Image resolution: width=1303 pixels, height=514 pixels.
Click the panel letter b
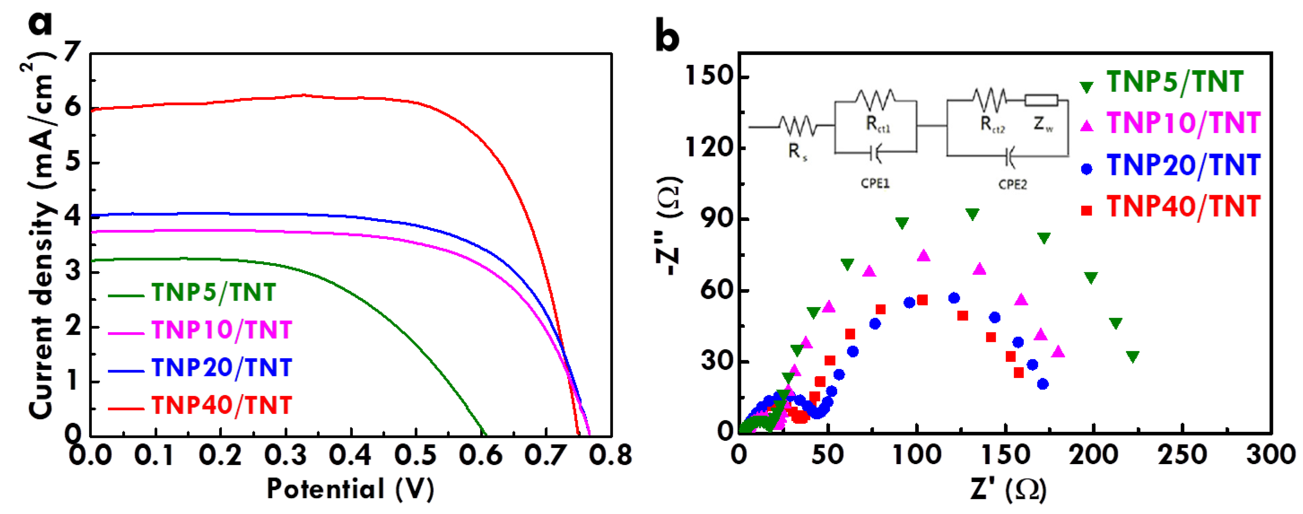click(667, 36)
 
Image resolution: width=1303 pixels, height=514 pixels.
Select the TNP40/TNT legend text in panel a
click(221, 405)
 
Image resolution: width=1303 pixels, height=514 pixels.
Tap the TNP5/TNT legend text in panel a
click(214, 292)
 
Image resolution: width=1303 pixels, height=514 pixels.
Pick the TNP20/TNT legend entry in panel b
click(1183, 166)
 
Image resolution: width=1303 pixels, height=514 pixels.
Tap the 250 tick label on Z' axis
click(1183, 455)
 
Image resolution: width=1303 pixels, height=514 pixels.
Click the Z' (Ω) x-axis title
click(1008, 489)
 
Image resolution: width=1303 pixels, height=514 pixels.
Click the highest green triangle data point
click(972, 214)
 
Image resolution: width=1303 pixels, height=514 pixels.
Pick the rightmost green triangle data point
click(1133, 357)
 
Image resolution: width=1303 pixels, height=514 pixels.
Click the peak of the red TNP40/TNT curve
click(304, 94)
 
